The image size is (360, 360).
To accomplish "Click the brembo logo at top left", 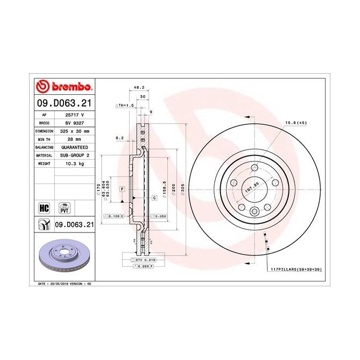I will tap(64, 87).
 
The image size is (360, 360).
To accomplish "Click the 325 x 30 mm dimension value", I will tap(74, 131).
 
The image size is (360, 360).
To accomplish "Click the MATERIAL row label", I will tap(44, 155).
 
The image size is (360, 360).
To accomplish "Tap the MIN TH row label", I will tap(44, 139).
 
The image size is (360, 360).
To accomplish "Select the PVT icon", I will tap(66, 208).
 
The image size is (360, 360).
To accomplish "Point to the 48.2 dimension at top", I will tap(138, 87).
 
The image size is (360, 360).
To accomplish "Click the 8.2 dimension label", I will tap(119, 138).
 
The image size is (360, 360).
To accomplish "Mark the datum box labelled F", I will tap(123, 189).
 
